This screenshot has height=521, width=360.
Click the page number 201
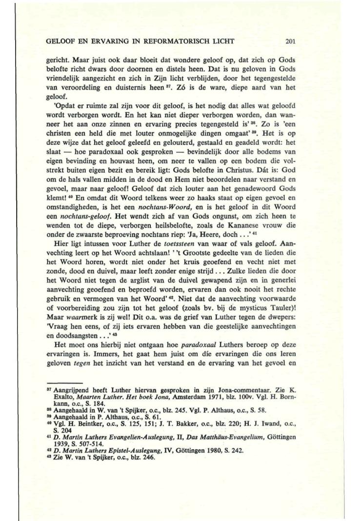pyautogui.click(x=291, y=41)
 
